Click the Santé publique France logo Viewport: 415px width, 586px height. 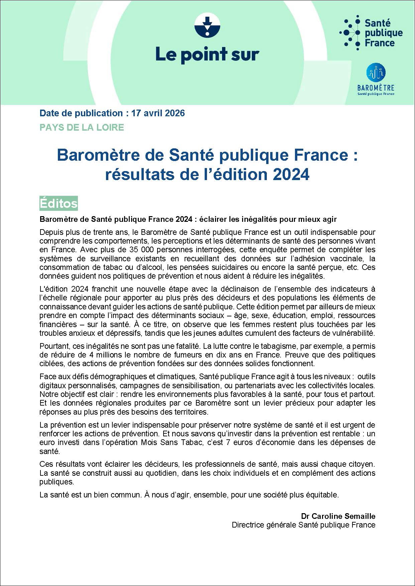point(371,32)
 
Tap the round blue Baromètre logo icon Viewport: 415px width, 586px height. point(376,72)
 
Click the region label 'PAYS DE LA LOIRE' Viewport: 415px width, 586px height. point(82,127)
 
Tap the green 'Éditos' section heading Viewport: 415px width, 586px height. point(59,203)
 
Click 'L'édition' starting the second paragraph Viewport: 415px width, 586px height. point(52,289)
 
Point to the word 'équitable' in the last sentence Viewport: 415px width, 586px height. point(321,495)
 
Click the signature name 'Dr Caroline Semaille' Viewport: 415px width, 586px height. point(338,516)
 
